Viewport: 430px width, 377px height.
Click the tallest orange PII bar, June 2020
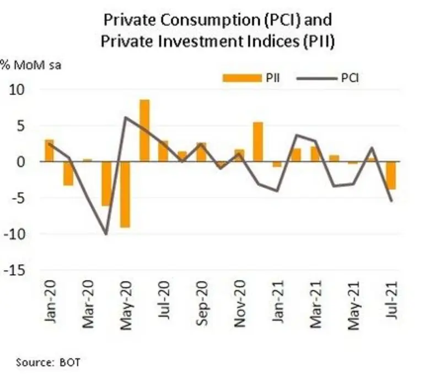point(144,130)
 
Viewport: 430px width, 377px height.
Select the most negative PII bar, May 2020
point(126,194)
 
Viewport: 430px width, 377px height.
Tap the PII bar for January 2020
point(49,151)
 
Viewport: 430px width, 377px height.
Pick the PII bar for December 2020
point(258,142)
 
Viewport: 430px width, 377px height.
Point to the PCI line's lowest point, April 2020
point(106,234)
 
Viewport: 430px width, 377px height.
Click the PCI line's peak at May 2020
point(126,117)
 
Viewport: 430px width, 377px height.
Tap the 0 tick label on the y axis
point(21,162)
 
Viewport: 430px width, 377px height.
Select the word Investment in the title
point(185,41)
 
